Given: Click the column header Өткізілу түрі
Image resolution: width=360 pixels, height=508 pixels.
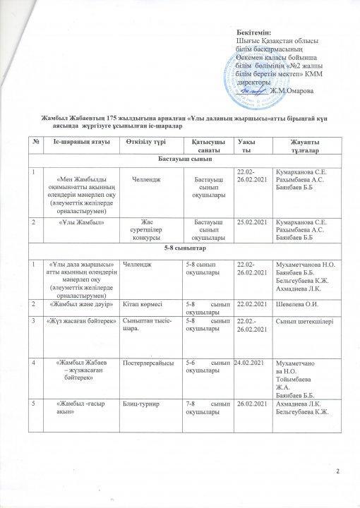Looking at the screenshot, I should [x=145, y=144].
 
